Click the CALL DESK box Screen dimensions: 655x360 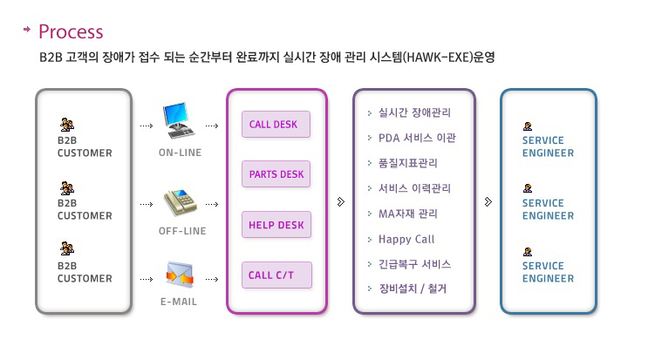point(276,124)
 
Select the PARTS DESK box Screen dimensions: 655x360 point(276,173)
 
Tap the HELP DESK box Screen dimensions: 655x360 point(276,225)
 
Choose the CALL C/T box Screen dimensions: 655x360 point(277,275)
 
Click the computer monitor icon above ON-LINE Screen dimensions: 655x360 point(179,120)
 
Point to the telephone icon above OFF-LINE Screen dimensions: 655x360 point(180,202)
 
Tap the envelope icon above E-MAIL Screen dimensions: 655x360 point(180,274)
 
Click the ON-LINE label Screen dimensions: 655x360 point(180,153)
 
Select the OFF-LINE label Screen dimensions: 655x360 point(182,231)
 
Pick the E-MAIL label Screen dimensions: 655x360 point(179,302)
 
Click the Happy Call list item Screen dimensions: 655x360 point(406,240)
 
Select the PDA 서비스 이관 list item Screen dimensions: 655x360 point(417,138)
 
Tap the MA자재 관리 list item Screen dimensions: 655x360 point(407,214)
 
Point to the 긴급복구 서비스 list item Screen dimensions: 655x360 point(414,264)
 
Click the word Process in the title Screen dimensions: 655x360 point(71,31)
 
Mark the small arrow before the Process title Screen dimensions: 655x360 point(27,30)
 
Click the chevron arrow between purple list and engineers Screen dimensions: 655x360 point(488,202)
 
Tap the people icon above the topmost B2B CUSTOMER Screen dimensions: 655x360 point(67,125)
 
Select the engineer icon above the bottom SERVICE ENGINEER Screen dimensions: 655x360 point(528,251)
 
